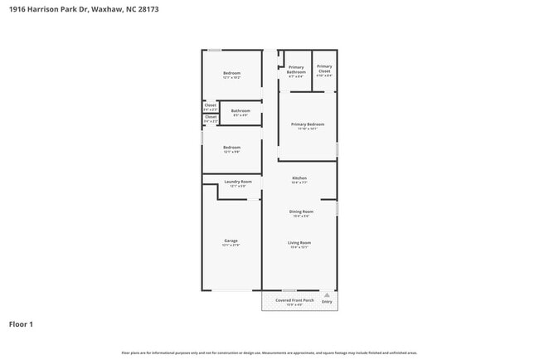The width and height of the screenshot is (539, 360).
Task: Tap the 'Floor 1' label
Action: coord(21,324)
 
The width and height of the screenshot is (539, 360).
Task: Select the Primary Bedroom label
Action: coord(308,124)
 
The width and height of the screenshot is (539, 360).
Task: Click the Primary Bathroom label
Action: coord(296,69)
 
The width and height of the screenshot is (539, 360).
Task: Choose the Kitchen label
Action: coord(299,178)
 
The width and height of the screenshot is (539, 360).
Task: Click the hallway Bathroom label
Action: coord(241,111)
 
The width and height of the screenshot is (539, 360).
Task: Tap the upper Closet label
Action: coord(211,105)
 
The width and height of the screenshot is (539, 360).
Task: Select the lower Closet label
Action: coord(211,117)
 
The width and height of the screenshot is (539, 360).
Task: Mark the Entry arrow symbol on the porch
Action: coord(327,294)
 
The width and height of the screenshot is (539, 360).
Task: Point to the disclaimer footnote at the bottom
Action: coord(269,353)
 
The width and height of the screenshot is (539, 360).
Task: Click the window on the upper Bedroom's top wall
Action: coord(214,50)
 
